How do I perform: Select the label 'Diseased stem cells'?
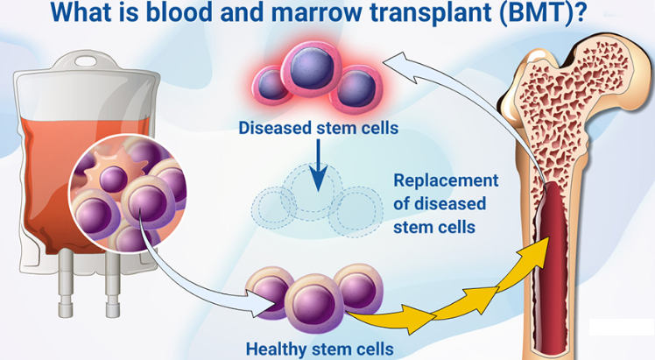(319, 129)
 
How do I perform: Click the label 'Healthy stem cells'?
(319, 348)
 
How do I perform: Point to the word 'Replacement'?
(446, 181)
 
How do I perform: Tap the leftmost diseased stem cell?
(273, 85)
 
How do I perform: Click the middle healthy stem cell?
(313, 302)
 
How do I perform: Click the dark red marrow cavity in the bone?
(557, 263)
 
